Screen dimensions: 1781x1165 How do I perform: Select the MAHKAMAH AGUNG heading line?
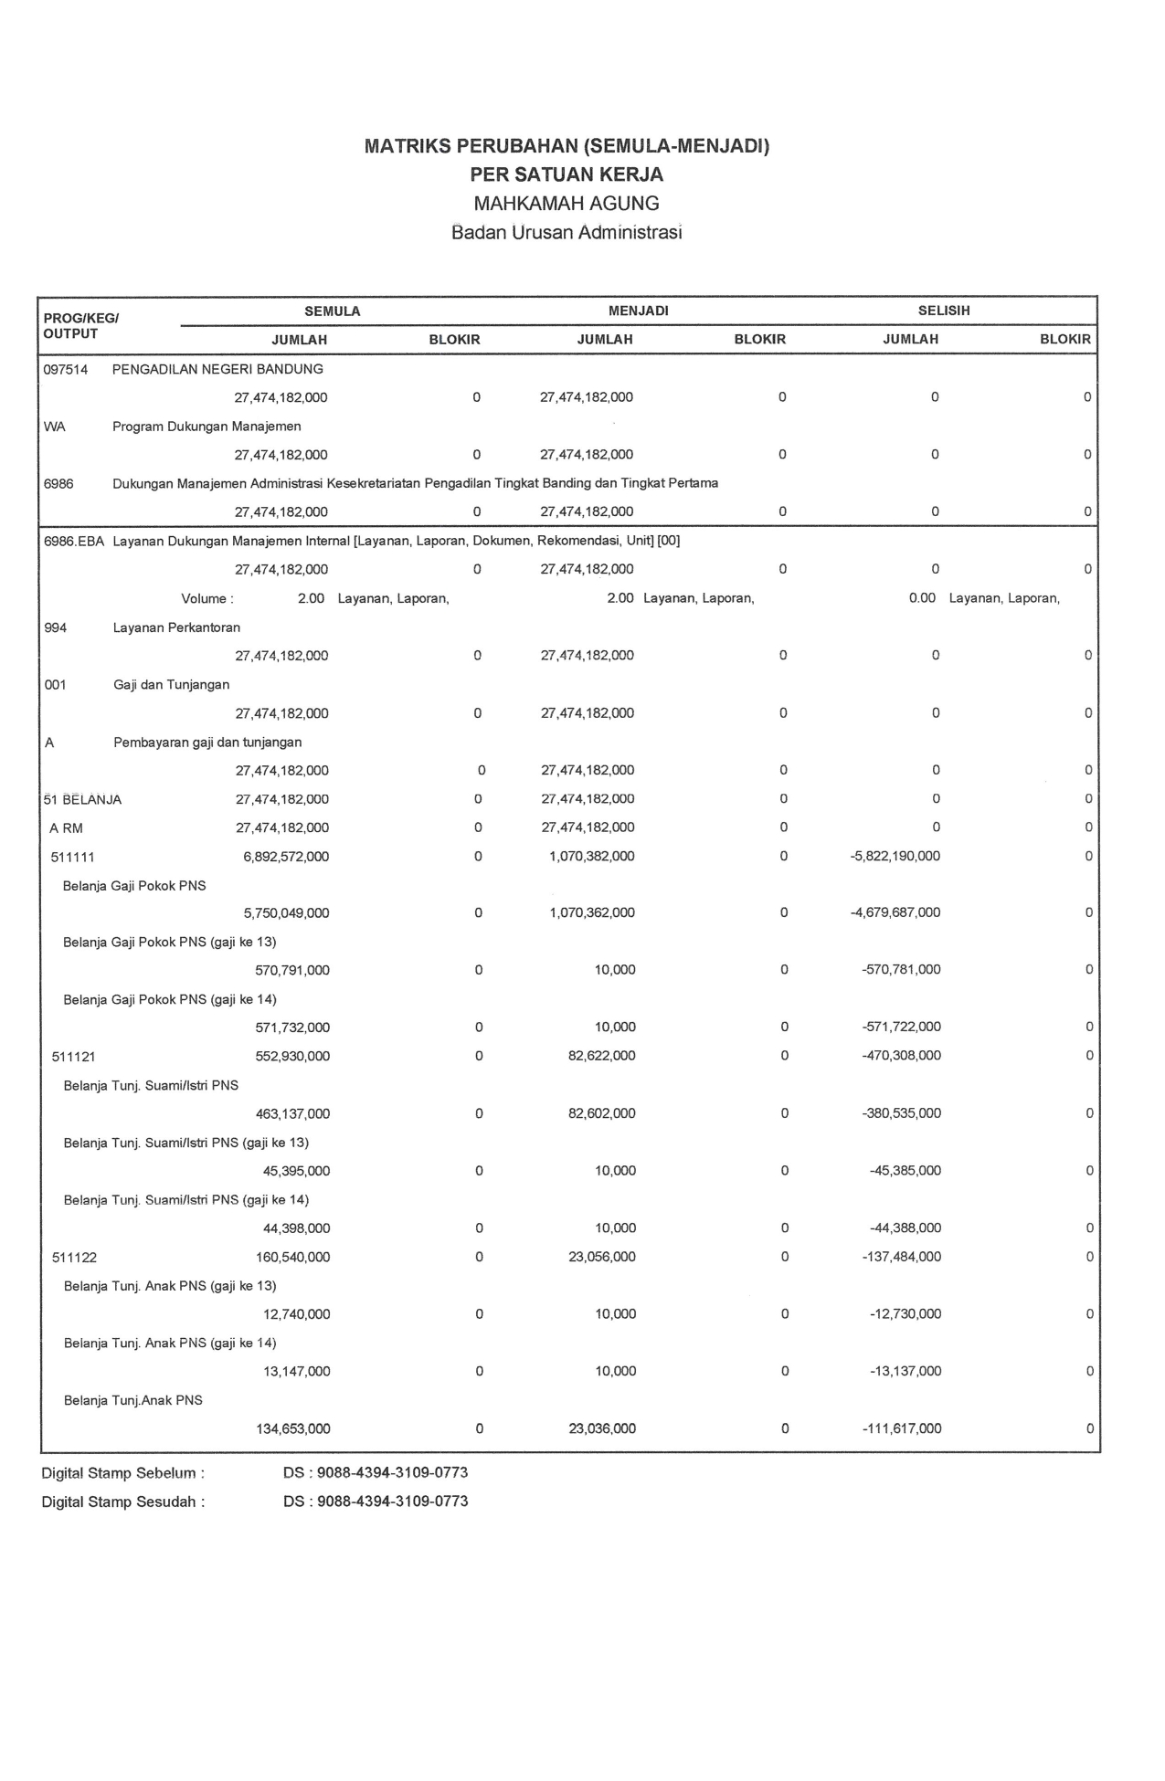tap(566, 204)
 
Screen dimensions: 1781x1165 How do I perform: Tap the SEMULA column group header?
tap(332, 311)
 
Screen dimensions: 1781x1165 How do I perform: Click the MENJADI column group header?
tap(638, 311)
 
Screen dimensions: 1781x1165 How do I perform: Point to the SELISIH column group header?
tap(943, 311)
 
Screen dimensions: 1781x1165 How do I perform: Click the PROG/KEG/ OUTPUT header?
tap(80, 326)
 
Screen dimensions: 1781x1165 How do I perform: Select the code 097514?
tap(66, 370)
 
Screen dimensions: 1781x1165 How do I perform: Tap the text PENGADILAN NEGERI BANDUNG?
tap(217, 370)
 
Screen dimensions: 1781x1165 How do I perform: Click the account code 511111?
tap(73, 858)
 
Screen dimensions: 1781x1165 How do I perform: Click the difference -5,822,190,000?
tap(895, 857)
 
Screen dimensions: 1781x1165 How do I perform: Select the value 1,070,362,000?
tap(592, 913)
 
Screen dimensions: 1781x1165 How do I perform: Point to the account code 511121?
tap(74, 1057)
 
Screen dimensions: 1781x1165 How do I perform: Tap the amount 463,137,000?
tap(292, 1114)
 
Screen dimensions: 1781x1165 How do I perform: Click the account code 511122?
tap(74, 1258)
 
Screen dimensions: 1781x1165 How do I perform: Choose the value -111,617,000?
tap(901, 1428)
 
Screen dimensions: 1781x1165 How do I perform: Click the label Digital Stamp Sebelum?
tap(122, 1473)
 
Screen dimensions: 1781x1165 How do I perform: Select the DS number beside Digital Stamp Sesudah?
tap(376, 1502)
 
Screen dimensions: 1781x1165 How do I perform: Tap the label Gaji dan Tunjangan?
tap(171, 685)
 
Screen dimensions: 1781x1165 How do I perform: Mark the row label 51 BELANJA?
tap(82, 800)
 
